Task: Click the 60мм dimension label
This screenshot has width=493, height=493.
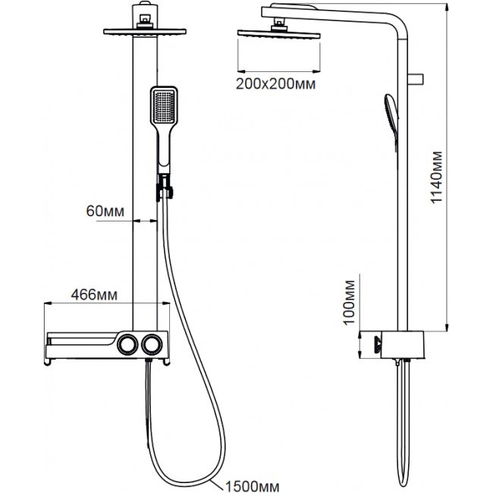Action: coord(105,212)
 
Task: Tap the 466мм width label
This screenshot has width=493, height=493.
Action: coord(94,295)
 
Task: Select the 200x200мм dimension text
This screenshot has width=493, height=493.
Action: coord(276,84)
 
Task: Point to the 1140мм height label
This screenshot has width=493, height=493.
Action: coord(436,177)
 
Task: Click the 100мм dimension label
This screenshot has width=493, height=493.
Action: coord(349,303)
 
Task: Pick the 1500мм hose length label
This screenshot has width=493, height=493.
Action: coord(252,486)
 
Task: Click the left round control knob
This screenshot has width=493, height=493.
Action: coord(127,344)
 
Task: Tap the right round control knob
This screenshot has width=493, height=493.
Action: coord(152,344)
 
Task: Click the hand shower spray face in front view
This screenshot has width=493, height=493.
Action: coord(164,106)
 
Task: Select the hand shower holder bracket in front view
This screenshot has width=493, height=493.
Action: coord(165,187)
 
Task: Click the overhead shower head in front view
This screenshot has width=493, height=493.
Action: coord(145,31)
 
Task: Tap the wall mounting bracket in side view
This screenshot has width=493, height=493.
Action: coord(416,79)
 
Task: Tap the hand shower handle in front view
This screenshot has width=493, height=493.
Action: coord(164,147)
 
